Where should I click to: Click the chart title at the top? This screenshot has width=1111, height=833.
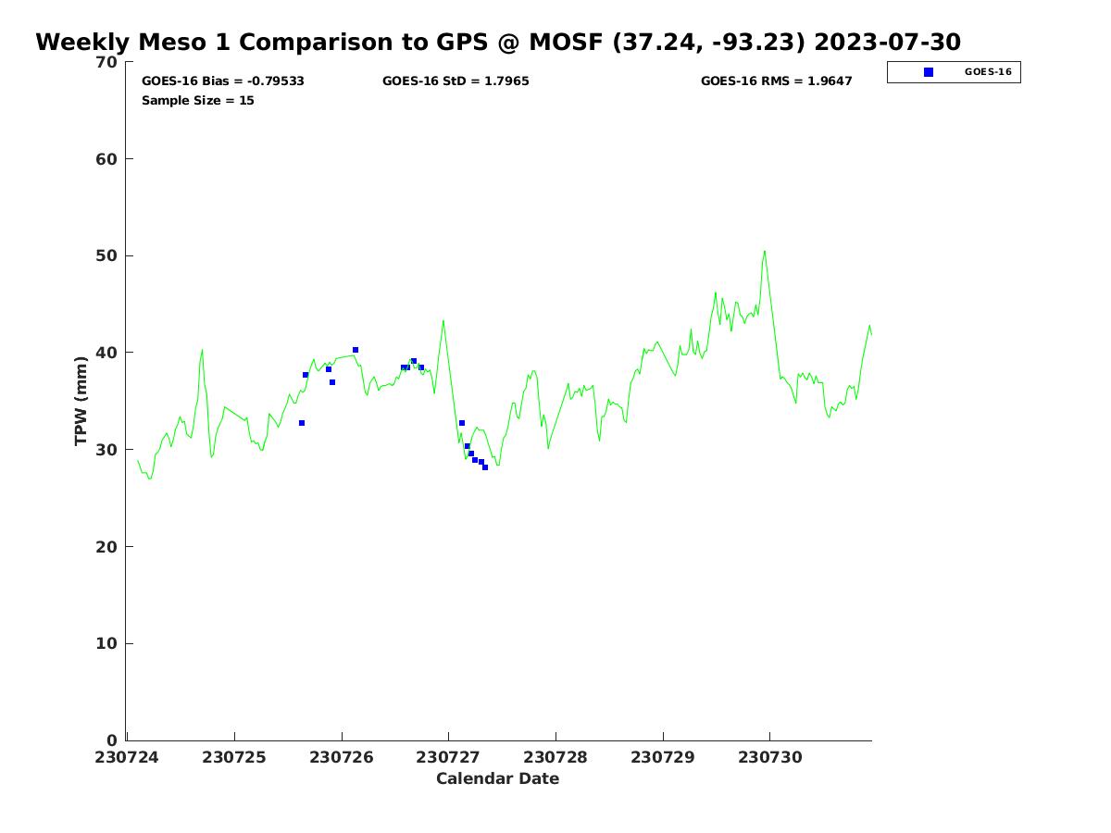498,43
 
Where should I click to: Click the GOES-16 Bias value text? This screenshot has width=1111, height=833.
223,81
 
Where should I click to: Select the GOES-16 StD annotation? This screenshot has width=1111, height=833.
456,81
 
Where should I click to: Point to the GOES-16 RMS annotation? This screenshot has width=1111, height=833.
776,81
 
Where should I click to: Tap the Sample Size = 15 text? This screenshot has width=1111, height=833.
197,101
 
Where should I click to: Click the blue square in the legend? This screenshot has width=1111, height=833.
929,72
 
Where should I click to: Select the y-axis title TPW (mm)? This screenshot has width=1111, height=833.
81,401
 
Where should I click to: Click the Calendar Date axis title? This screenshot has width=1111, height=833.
497,779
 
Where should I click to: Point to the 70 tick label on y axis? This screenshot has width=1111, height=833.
107,63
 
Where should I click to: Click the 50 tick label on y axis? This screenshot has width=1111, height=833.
107,256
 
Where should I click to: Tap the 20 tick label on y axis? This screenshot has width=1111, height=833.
107,547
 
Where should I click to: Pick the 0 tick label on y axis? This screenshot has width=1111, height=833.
113,740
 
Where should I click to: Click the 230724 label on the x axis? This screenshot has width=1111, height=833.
127,758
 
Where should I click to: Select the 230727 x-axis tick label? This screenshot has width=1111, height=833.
448,758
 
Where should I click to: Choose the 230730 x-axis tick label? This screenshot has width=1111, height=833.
769,758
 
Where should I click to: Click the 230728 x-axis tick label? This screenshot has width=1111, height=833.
555,758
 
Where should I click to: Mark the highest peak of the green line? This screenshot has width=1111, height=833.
765,251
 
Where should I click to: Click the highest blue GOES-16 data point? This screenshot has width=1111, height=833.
356,350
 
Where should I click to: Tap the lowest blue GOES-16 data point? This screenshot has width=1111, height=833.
485,467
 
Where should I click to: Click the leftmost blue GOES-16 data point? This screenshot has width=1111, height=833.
302,423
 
